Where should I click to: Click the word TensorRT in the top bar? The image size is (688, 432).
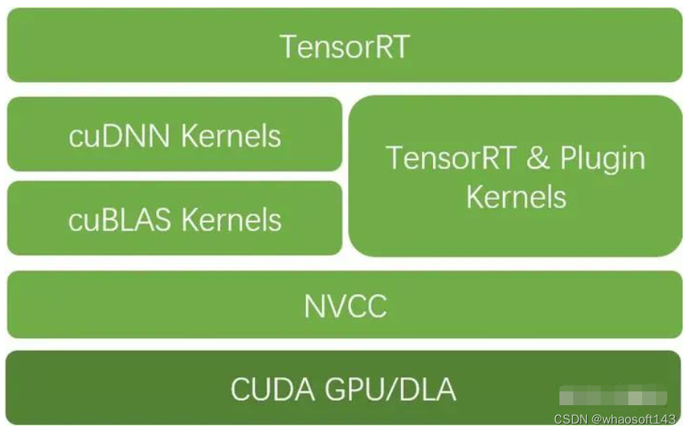(344, 47)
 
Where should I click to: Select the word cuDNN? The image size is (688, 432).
(119, 136)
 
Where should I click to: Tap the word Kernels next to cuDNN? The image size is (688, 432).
(231, 136)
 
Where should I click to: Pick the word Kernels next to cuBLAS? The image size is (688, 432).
(231, 221)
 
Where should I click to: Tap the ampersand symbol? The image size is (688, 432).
(539, 159)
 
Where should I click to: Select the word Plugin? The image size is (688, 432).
(602, 159)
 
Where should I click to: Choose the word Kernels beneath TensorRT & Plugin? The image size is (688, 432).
(516, 198)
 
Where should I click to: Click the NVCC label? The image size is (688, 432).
(345, 306)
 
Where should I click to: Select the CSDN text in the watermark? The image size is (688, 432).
(569, 419)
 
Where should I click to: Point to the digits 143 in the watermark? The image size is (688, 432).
(667, 419)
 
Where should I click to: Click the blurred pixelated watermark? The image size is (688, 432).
(612, 398)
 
